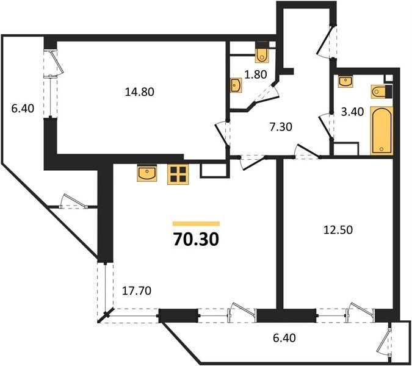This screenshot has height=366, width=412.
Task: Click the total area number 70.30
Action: (x=196, y=239)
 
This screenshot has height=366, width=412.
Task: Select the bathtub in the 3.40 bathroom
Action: (x=382, y=130)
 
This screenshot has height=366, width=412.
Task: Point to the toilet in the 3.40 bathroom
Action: (x=378, y=91)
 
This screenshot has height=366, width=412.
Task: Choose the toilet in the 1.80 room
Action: (x=263, y=55)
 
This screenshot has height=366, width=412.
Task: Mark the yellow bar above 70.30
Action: (x=196, y=224)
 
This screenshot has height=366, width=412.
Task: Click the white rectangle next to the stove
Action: (x=213, y=168)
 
